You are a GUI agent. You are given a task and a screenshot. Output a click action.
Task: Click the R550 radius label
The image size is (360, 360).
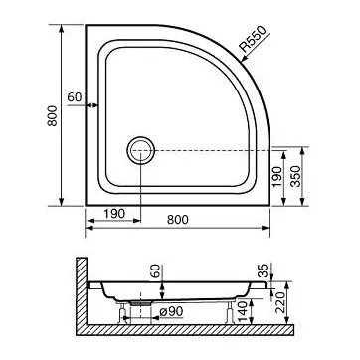[253, 39]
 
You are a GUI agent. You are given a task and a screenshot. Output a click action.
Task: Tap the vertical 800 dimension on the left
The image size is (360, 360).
[52, 116]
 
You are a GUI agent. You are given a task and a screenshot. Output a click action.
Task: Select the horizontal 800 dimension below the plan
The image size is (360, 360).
[178, 220]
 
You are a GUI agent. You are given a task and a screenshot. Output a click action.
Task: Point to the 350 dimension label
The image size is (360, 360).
[295, 176]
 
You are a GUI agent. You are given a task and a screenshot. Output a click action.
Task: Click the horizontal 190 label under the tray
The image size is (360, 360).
[114, 214]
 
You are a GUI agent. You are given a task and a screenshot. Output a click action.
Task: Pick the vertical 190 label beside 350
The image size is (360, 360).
[277, 176]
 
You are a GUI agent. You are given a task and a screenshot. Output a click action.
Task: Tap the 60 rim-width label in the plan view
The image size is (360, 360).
[75, 97]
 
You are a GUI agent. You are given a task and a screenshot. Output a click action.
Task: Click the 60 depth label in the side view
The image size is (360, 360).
[155, 271]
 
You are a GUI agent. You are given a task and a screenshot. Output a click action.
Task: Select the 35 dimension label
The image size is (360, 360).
[262, 271]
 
